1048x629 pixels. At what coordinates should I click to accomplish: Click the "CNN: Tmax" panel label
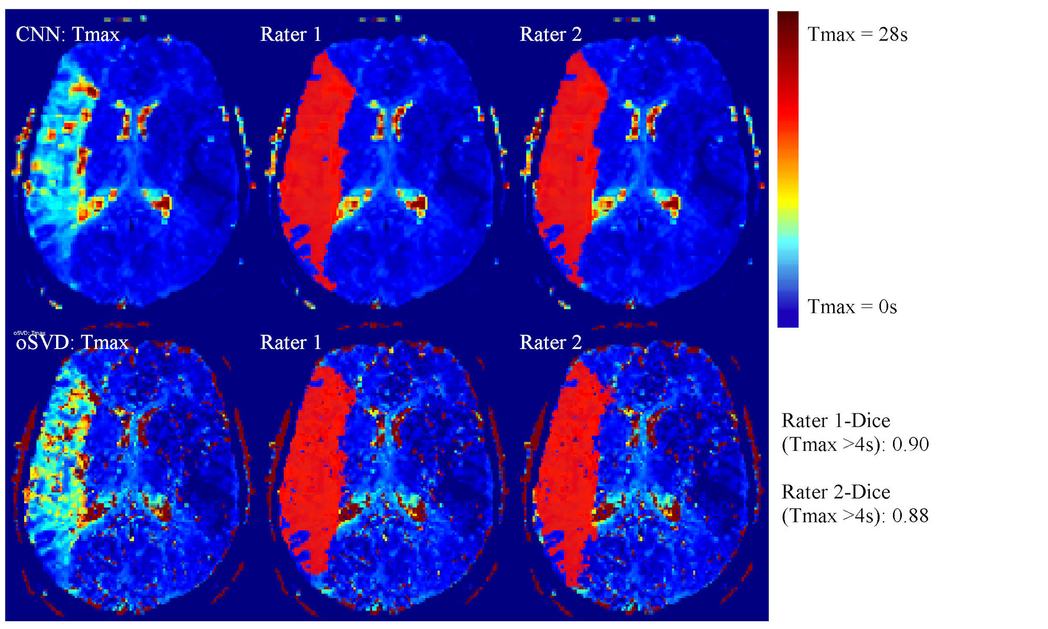pos(68,35)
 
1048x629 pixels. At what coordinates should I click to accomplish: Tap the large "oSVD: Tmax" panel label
pos(72,343)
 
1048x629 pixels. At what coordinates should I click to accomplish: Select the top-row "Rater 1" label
pos(290,35)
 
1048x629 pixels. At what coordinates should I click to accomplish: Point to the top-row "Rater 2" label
pos(550,35)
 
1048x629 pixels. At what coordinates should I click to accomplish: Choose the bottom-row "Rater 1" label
pos(290,343)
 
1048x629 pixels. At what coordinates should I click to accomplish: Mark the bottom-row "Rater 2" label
pos(550,343)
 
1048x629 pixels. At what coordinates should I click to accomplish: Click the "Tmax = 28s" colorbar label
pos(857,35)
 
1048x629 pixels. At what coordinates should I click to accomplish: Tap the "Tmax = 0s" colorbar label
pos(852,307)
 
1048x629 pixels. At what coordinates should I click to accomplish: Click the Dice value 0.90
pos(910,444)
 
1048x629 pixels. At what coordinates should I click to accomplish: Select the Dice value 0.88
pos(910,516)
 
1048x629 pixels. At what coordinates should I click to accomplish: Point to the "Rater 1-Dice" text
pos(835,421)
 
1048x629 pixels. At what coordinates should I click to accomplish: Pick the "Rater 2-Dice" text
pos(835,492)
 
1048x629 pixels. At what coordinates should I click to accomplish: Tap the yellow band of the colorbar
pos(788,199)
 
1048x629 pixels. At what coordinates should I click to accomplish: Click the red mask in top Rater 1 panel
pos(314,157)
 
